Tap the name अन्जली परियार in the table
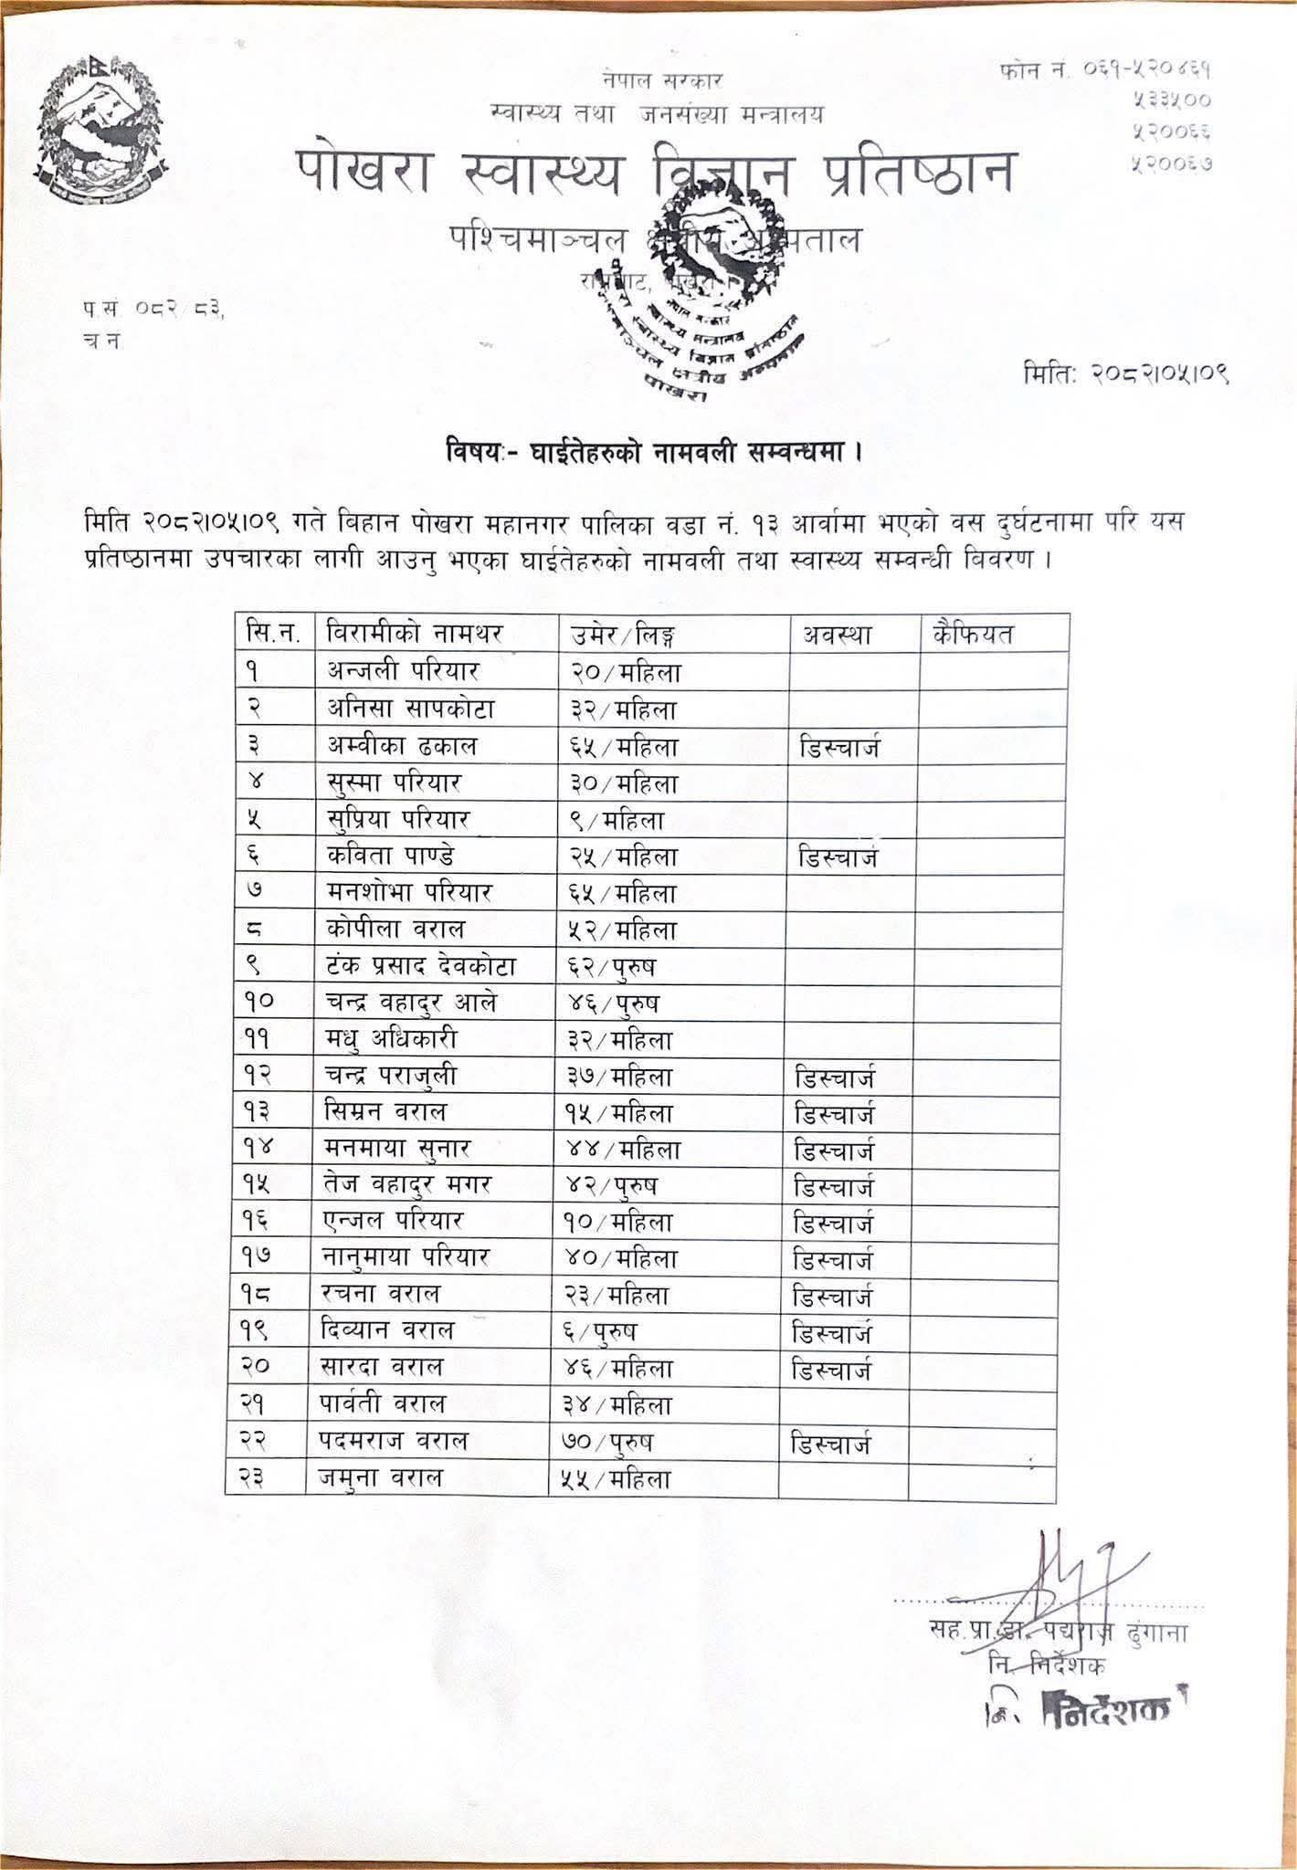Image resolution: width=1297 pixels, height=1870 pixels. point(403,672)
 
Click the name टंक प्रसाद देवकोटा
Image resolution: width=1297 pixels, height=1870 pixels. point(422,966)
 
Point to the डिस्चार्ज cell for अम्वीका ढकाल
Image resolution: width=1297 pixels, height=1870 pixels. point(839,748)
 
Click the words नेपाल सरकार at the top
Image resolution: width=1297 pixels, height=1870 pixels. point(663,80)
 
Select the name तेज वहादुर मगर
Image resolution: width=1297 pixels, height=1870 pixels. point(410,1185)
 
